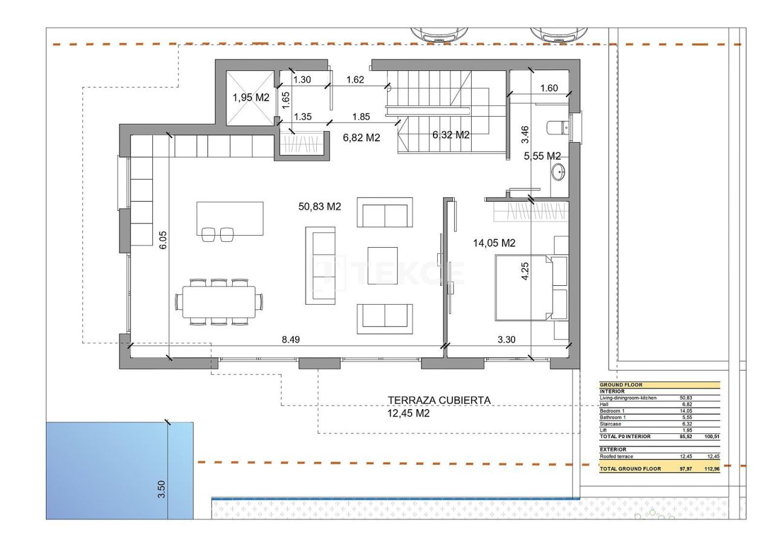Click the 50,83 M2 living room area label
(x=320, y=207)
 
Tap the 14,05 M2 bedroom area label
(x=493, y=243)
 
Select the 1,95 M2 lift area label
(x=251, y=97)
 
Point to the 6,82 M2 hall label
(x=361, y=138)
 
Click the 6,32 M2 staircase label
(x=450, y=135)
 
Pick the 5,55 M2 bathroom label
(x=542, y=156)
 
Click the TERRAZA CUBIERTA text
(x=439, y=400)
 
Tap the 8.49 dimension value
(x=291, y=340)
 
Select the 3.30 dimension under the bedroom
(x=506, y=340)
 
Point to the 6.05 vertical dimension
(x=162, y=242)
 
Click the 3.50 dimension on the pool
(x=161, y=488)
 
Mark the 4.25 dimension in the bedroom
(x=525, y=270)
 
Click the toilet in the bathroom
(x=556, y=128)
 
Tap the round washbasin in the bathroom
(x=558, y=173)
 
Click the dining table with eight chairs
(x=220, y=301)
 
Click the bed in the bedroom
(x=524, y=287)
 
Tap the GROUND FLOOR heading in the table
(x=621, y=384)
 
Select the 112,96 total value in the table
(x=712, y=469)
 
